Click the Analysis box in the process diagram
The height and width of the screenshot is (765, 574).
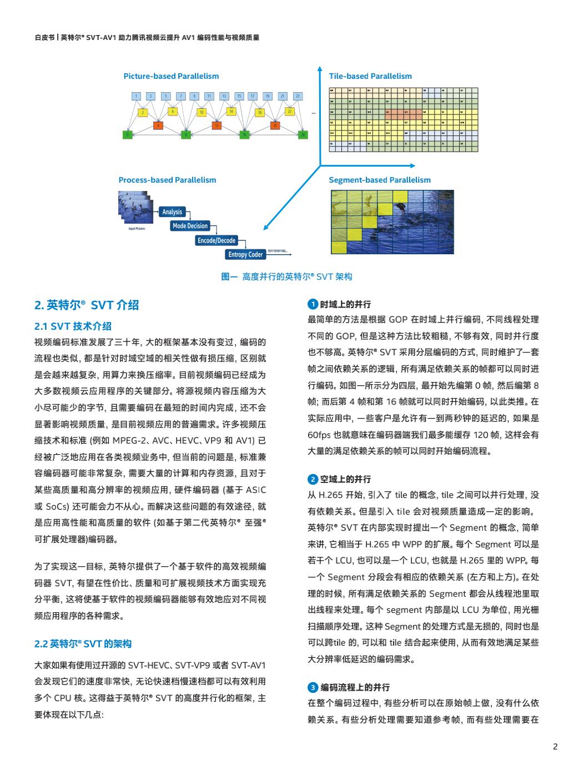click(172, 212)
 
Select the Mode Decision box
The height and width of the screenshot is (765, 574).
click(190, 226)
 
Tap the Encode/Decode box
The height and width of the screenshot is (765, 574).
click(216, 240)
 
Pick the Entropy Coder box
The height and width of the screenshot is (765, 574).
click(245, 255)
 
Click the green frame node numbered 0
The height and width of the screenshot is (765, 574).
click(128, 134)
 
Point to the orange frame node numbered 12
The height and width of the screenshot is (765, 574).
click(216, 125)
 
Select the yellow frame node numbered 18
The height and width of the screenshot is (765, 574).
click(259, 112)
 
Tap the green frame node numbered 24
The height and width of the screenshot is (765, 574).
click(303, 134)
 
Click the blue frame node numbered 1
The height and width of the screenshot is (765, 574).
click(135, 96)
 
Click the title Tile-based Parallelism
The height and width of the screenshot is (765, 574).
click(370, 76)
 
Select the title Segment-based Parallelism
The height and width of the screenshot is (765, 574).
click(380, 180)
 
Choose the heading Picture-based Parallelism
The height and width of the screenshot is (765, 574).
click(171, 76)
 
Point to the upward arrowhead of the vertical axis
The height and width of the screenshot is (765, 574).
click(320, 69)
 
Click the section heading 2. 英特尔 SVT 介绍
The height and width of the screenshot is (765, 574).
click(87, 305)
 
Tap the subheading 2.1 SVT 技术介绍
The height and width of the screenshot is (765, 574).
click(73, 326)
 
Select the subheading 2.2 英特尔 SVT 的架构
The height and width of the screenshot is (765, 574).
click(83, 644)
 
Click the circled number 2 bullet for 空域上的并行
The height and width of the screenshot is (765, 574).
click(313, 479)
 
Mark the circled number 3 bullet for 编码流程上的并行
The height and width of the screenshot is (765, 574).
click(313, 687)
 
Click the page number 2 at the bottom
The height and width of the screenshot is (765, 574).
click(555, 747)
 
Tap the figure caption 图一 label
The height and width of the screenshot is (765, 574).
click(229, 276)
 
